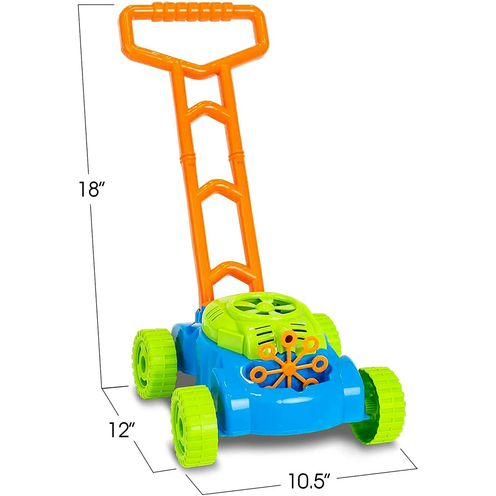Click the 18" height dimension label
click(x=89, y=189)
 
